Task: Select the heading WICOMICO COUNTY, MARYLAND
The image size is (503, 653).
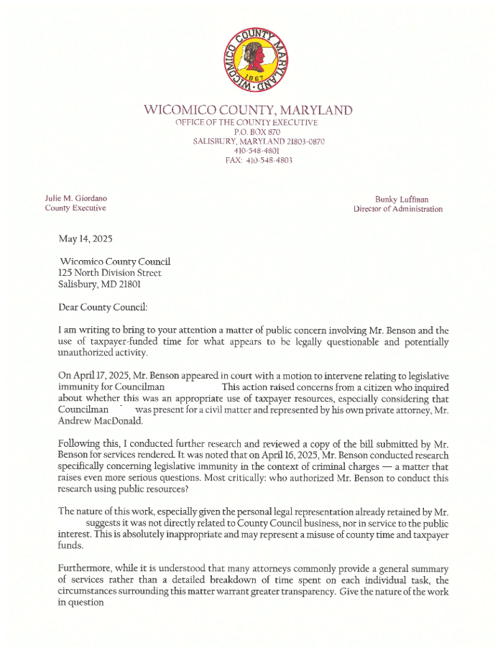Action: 249,111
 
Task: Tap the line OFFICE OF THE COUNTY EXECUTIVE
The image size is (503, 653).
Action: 248,123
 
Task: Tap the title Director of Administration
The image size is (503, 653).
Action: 398,209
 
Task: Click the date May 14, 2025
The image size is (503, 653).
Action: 86,238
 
